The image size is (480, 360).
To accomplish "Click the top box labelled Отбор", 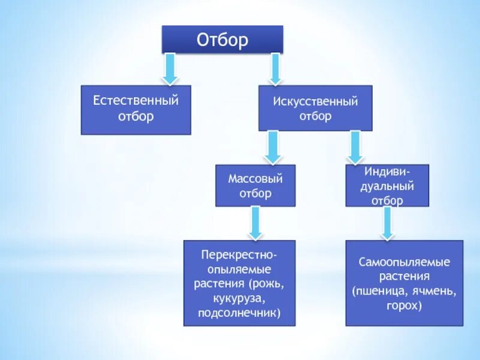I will [222, 40].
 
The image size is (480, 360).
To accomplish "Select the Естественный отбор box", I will [136, 109].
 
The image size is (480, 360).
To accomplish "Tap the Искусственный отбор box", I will [315, 108].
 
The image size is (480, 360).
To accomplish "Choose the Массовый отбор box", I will [255, 185].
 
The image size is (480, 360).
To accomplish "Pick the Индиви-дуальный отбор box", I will [387, 185].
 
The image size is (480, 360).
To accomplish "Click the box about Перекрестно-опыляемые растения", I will [239, 283].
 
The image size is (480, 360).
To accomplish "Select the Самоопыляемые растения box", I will [404, 283].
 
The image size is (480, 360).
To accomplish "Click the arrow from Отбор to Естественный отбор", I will [170, 68].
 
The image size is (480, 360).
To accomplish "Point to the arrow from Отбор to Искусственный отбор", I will [275, 68].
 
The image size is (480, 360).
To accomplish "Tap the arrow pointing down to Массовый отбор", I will [273, 148].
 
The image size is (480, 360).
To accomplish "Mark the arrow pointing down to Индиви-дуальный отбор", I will [355, 147].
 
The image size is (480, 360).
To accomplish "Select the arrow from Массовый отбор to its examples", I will [255, 223].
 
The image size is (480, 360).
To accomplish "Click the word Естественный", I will [136, 100].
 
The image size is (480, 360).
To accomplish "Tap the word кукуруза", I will [239, 298].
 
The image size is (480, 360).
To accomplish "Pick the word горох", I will [404, 305].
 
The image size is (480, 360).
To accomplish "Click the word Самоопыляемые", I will [404, 262].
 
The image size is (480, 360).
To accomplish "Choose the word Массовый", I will [255, 178].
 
